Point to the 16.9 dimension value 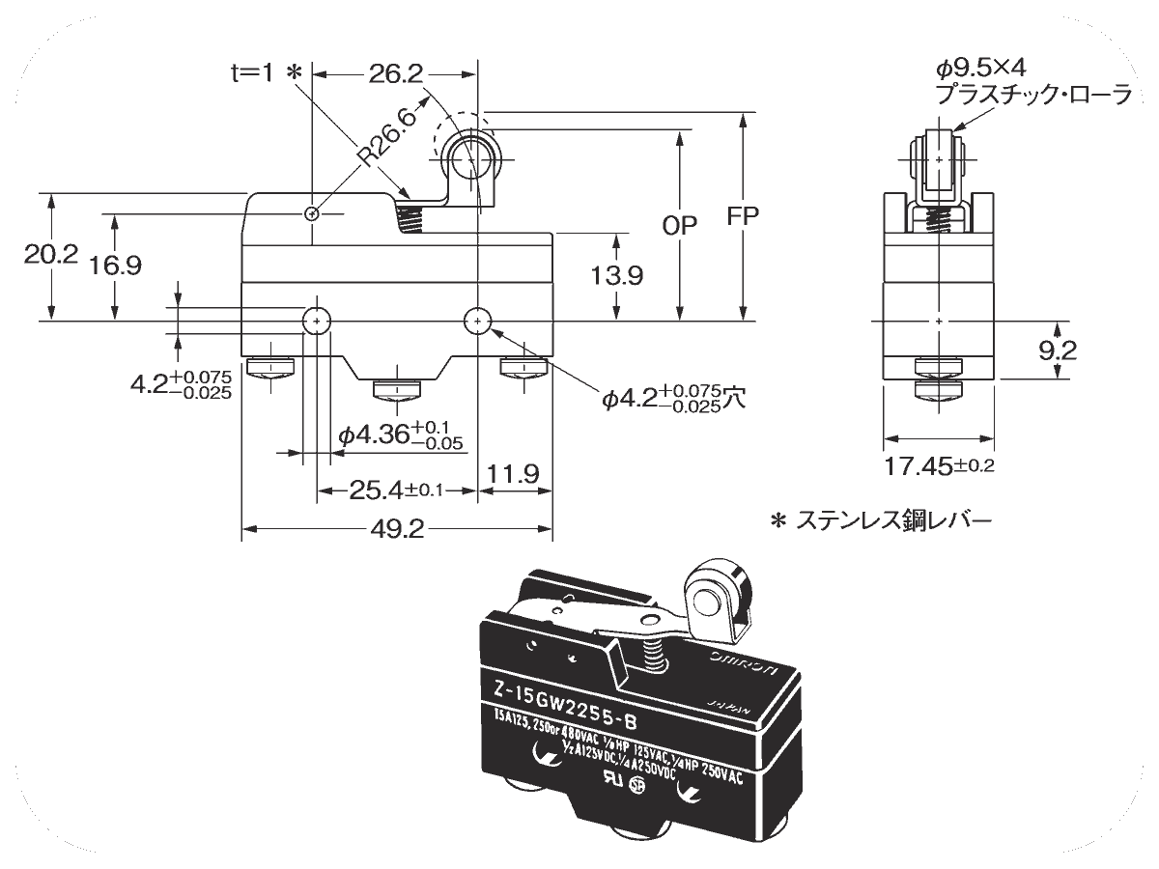pos(115,265)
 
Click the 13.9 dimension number pos(617,276)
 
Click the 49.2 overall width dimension pos(396,528)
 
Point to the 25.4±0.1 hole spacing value pos(396,491)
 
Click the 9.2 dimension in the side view pos(1059,350)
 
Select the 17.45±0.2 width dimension pos(940,466)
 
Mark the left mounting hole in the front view pos(317,320)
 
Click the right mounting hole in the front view pos(477,320)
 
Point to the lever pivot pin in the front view pos(311,213)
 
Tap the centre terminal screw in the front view pos(396,389)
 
